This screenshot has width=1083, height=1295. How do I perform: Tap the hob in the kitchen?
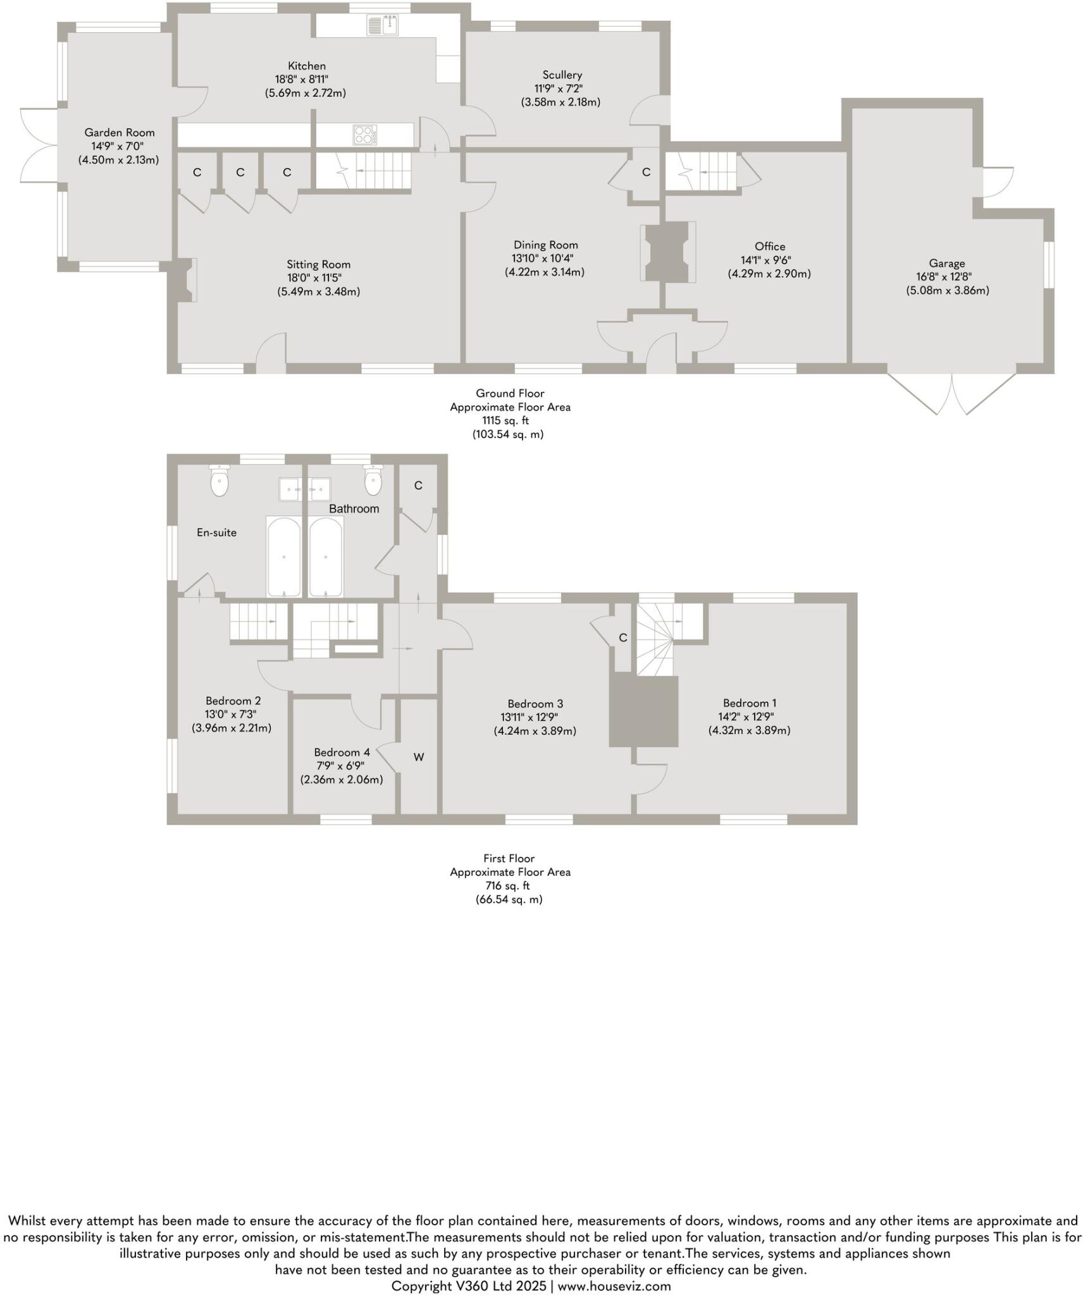coord(364,135)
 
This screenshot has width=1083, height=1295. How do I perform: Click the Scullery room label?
coord(561,75)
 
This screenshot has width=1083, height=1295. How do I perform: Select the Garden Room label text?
coord(120,132)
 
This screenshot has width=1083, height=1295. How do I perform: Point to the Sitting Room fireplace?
coord(186,279)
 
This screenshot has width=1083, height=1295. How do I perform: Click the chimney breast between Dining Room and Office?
coord(667,252)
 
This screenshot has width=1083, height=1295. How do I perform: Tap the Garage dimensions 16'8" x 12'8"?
coord(946,276)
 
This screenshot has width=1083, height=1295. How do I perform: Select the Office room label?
coord(769,246)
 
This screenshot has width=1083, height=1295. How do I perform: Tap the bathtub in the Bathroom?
coord(326,556)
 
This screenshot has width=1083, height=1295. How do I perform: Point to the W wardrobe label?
coord(418,757)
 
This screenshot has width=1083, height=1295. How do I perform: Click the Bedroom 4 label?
coord(342,752)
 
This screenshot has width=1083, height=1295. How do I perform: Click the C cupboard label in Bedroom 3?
coord(622,637)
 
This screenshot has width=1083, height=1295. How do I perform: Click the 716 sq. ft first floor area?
coord(507,885)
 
